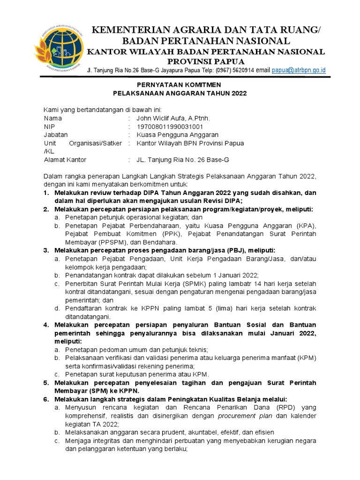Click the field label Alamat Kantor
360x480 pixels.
click(65, 160)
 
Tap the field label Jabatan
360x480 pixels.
click(56, 135)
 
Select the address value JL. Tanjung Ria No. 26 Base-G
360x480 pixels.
click(182, 160)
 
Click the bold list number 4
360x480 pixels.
click(46, 324)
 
